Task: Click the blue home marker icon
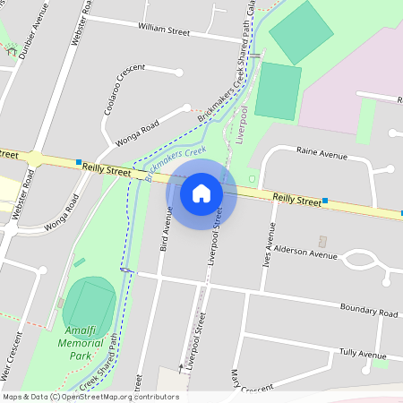[201, 193]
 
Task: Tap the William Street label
[164, 30]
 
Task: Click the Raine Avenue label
[322, 155]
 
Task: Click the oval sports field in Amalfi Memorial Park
[90, 304]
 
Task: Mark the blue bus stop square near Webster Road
[79, 161]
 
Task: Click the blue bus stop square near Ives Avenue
[325, 201]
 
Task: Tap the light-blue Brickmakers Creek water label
[176, 161]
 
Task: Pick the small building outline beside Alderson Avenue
[323, 241]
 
